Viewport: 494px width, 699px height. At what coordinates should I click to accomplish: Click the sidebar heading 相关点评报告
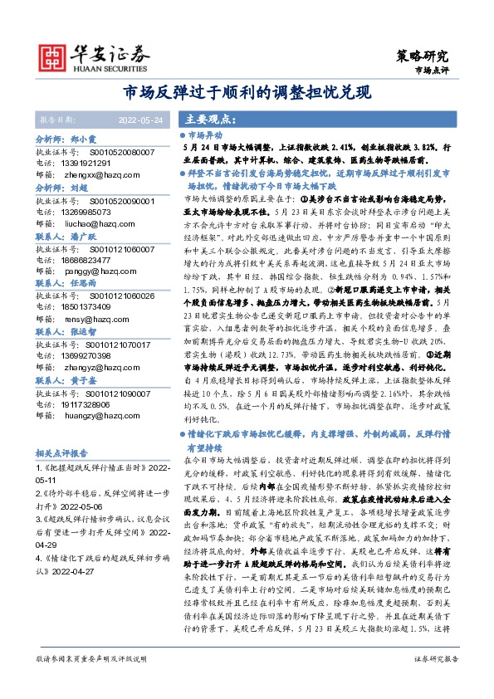point(61,454)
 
